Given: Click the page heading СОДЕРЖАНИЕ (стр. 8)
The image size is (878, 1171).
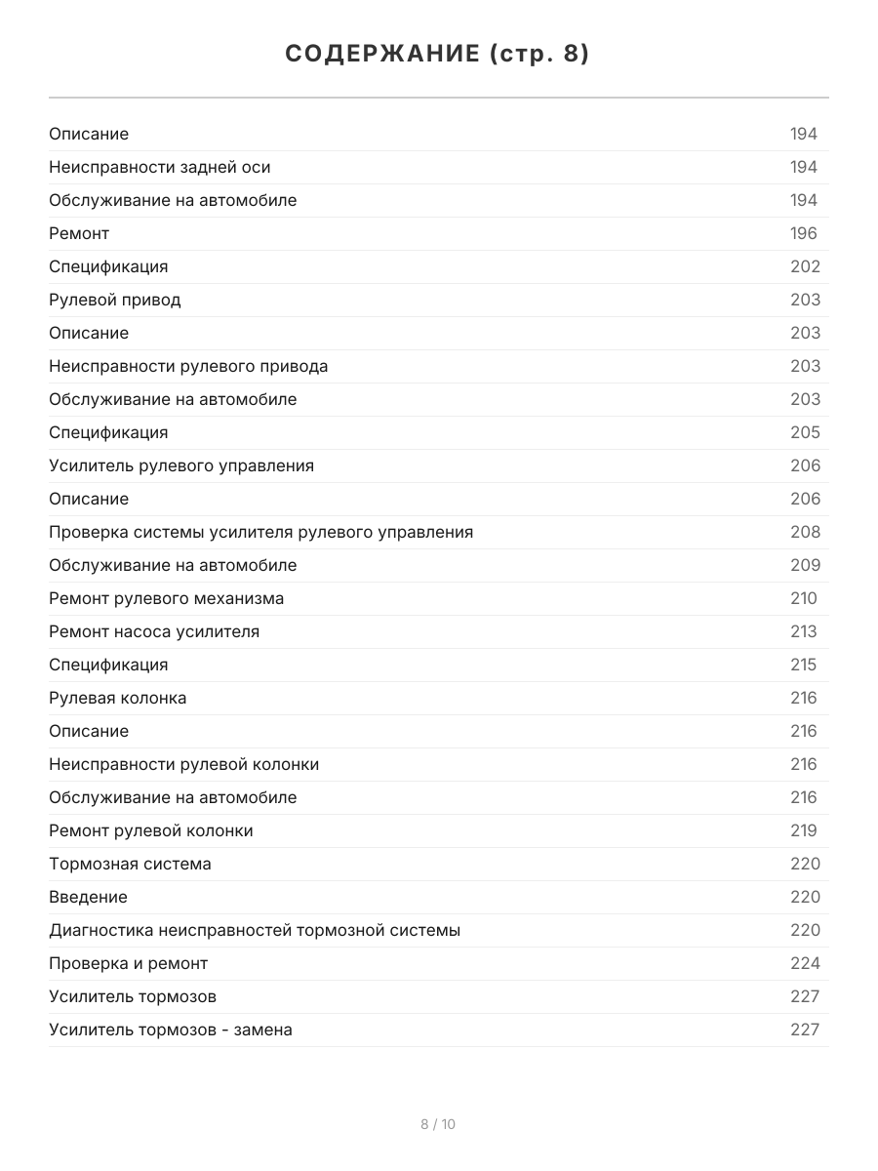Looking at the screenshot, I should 438,55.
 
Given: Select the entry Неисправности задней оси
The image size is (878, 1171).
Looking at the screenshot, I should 160,167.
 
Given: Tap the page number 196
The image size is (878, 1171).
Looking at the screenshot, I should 804,233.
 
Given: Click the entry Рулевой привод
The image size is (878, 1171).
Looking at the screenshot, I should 115,300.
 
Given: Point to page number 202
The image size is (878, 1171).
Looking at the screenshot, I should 805,266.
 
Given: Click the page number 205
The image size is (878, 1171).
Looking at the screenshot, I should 805,432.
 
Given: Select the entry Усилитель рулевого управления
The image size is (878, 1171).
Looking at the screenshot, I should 181,465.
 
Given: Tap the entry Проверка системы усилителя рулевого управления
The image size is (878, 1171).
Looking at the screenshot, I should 261,532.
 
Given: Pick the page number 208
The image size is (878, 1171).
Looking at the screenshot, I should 805,532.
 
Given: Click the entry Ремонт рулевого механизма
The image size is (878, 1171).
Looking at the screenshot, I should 167,598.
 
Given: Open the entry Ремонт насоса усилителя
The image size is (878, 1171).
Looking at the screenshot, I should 154,631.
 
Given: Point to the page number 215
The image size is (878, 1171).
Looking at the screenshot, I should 804,665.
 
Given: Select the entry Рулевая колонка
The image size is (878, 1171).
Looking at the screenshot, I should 118,698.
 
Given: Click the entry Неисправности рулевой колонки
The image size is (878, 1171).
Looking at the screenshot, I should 184,764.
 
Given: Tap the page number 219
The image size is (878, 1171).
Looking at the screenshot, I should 804,830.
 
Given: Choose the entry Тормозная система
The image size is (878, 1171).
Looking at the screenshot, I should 130,864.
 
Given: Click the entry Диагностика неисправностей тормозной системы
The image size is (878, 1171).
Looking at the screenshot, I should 255,930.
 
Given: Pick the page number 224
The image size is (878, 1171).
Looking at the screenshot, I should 805,963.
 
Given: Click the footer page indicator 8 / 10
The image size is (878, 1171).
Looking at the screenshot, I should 438,1124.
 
